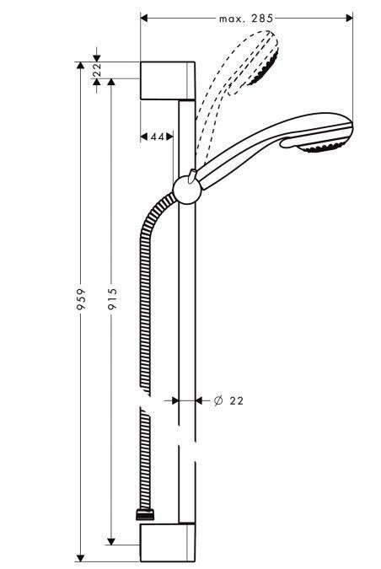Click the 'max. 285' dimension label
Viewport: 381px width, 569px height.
246,18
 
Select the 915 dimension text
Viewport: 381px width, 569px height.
112,301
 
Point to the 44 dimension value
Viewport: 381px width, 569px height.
156,137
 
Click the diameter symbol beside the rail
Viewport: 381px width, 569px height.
217,400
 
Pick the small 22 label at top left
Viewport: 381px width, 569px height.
97,70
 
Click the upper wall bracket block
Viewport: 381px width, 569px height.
168,82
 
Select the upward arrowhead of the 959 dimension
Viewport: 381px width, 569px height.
81,66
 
